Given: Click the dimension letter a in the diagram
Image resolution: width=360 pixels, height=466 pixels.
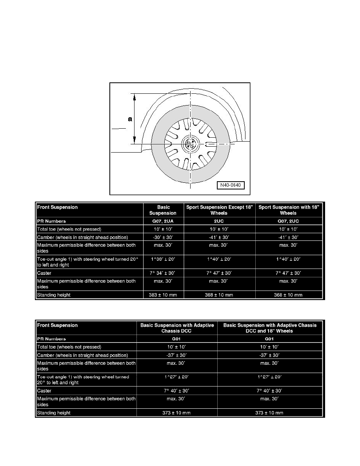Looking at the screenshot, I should [x=130, y=119].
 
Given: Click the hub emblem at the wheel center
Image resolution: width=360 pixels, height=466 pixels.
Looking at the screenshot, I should [x=190, y=143].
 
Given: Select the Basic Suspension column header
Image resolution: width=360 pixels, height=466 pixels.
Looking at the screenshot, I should [x=164, y=210].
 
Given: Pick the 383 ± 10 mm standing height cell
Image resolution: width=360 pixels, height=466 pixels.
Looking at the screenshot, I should [x=164, y=295].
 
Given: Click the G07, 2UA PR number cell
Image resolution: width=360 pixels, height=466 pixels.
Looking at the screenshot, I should [x=164, y=221].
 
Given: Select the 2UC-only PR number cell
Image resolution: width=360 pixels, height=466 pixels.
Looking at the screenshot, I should [x=220, y=221].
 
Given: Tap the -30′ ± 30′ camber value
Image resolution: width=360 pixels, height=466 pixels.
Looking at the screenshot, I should [x=164, y=237].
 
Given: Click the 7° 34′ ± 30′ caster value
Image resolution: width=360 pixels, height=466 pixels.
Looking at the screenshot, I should [x=164, y=273].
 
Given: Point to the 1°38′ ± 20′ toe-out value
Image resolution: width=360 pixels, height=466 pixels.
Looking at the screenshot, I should [x=164, y=259].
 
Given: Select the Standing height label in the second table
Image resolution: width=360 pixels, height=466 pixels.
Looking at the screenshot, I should [x=54, y=413].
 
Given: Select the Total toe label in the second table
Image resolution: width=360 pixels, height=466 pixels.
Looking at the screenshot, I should [x=69, y=347].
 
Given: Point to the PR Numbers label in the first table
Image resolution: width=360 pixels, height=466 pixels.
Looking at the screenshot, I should [x=51, y=221].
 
